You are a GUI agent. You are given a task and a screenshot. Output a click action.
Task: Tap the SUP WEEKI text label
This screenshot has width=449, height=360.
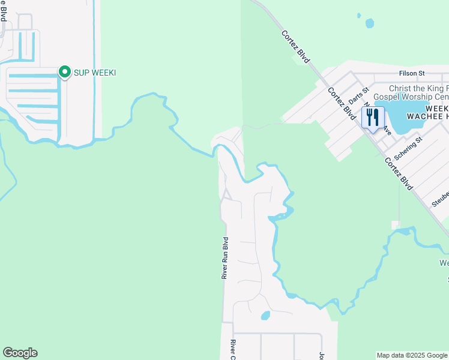tap(94, 73)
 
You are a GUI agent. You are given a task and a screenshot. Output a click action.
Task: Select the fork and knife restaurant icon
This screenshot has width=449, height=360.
tap(373, 118)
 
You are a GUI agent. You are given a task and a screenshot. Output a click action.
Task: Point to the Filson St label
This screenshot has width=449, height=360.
tap(412, 73)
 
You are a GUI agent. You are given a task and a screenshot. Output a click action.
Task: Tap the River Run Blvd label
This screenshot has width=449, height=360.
tap(225, 258)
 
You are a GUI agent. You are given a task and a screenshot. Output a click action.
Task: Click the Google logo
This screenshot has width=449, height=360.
tap(20, 352)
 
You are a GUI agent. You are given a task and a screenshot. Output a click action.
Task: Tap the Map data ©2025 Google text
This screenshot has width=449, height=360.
tap(412, 355)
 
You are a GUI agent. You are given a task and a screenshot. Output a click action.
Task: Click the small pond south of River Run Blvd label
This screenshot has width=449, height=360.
tap(265, 316)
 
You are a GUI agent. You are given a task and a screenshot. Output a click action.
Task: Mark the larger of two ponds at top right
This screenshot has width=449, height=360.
tap(369, 23)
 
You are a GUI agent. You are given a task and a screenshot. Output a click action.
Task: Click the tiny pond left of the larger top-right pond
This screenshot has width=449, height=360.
tap(359, 15)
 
